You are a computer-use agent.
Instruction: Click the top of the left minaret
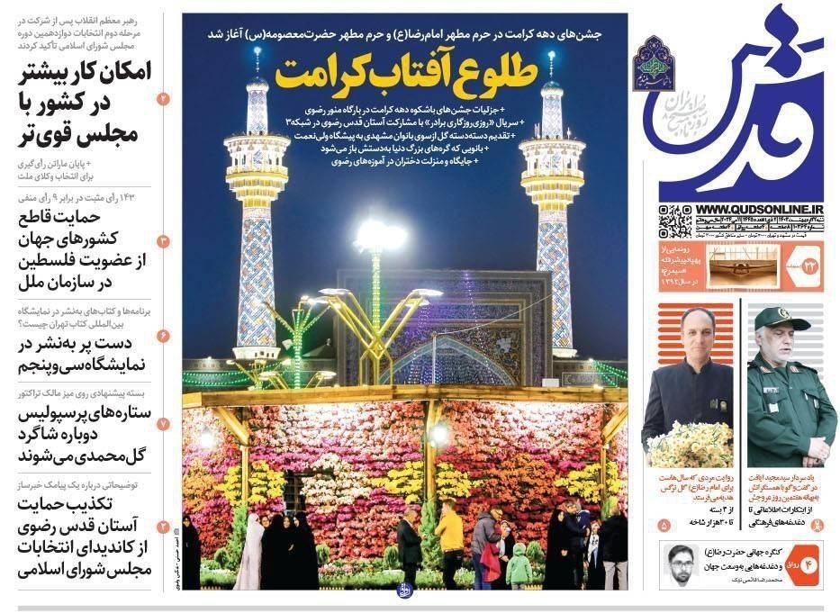[257, 68]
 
